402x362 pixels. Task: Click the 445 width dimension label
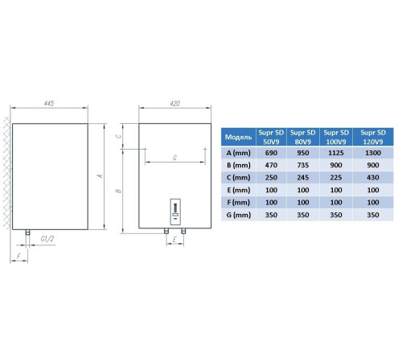(49, 103)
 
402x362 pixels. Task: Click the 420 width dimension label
(175, 103)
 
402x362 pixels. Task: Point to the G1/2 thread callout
(47, 238)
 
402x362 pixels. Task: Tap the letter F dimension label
(18, 256)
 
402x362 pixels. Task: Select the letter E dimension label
(174, 239)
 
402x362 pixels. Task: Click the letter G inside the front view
(174, 158)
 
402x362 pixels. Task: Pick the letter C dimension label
(118, 136)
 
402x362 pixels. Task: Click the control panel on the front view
(175, 212)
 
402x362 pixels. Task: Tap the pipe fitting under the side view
(27, 232)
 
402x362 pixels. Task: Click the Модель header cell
(238, 137)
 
